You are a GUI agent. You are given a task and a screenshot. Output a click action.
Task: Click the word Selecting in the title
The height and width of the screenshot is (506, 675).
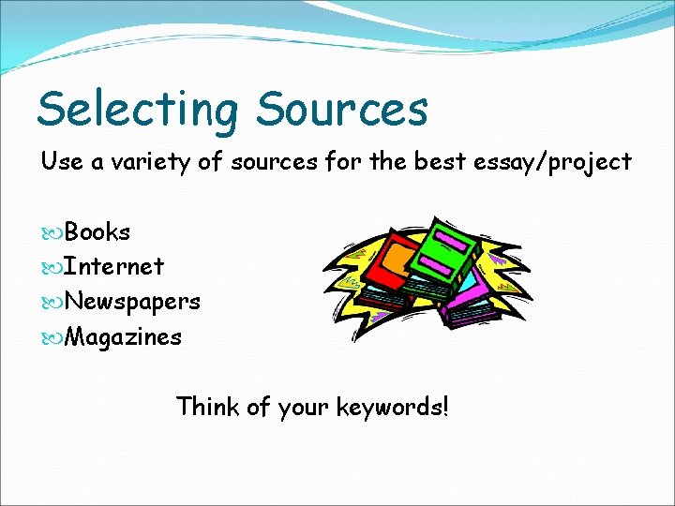pos(138,110)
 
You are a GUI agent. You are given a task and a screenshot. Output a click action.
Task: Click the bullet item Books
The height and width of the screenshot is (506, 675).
pos(97,231)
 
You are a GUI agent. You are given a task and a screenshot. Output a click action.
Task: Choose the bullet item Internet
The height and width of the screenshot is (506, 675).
pos(113,267)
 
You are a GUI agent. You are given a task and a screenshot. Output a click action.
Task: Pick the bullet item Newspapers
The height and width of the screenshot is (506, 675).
pos(131,303)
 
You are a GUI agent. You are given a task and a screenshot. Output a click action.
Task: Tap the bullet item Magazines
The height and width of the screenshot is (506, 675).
pos(123,337)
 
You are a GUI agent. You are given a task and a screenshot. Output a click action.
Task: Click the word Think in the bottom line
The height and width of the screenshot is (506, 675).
pos(207,408)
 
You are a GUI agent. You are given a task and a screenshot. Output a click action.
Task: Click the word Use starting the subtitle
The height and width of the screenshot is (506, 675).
pos(61,161)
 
